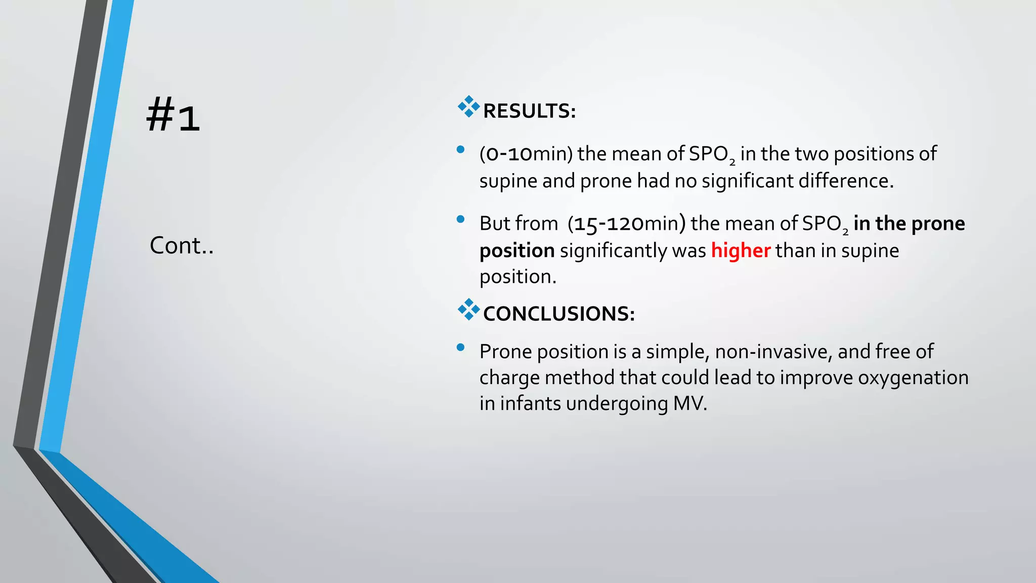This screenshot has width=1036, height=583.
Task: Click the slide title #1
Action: pyautogui.click(x=173, y=115)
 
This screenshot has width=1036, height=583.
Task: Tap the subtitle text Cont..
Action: pyautogui.click(x=181, y=246)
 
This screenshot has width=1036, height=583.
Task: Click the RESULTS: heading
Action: pyautogui.click(x=529, y=111)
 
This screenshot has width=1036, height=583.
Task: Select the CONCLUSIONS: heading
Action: pyautogui.click(x=558, y=314)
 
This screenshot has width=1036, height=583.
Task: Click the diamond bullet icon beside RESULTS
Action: pyautogui.click(x=468, y=107)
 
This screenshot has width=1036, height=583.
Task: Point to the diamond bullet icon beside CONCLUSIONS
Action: pyautogui.click(x=468, y=309)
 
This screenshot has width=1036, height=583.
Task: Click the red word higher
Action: pyautogui.click(x=741, y=251)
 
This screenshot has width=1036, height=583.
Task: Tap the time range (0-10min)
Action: pyautogui.click(x=526, y=154)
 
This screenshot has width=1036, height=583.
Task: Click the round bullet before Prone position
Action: pyautogui.click(x=460, y=347)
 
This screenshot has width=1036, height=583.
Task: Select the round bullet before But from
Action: pyautogui.click(x=460, y=219)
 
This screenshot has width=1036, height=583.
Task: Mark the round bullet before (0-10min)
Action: pyautogui.click(x=460, y=149)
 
